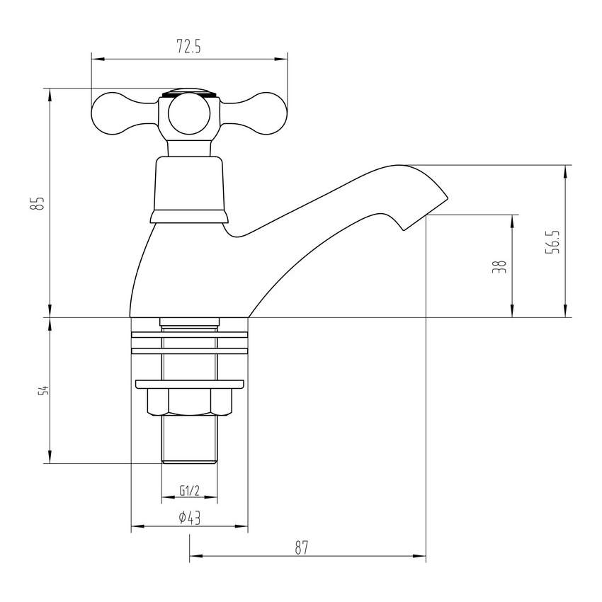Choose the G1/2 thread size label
(188, 490)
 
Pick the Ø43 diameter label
(189, 518)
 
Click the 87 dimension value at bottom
(302, 547)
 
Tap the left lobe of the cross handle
(117, 111)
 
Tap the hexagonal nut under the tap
(189, 404)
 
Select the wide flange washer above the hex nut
(189, 385)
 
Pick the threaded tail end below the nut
(189, 439)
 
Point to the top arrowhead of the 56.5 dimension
(565, 171)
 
